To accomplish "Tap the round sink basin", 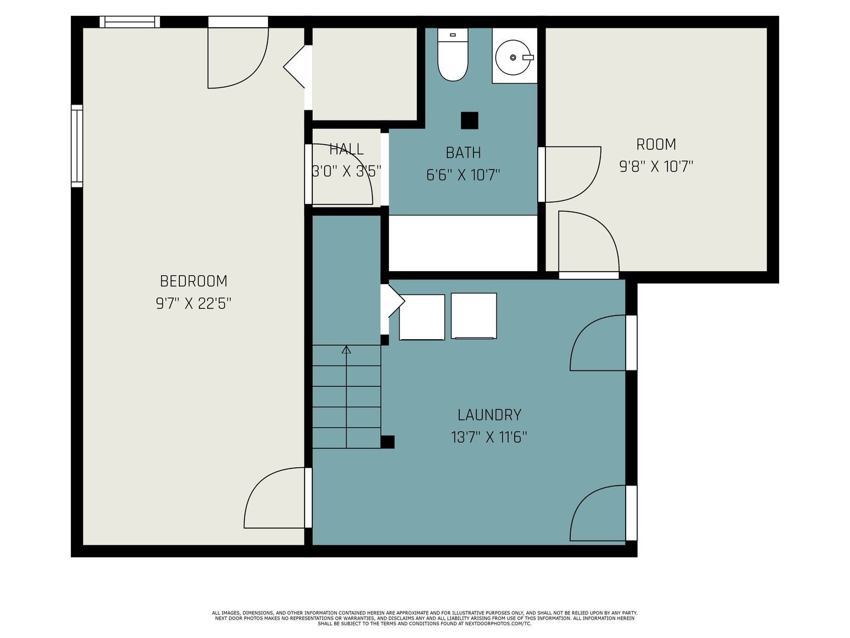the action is point(513,57).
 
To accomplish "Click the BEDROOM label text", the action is point(193,281).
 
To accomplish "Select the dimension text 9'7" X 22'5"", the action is point(193,303).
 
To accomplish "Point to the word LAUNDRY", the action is point(489,415).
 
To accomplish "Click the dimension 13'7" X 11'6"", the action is point(489,437).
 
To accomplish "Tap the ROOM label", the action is point(656,145).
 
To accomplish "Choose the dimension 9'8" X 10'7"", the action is point(656,167).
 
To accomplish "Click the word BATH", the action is point(463,152).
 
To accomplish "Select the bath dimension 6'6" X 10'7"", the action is point(463,175).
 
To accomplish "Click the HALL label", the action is point(346,149).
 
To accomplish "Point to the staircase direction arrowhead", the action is point(346,349).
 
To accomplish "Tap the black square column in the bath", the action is point(469,121).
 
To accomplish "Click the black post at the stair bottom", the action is point(387,442).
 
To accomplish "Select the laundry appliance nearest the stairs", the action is point(421,317).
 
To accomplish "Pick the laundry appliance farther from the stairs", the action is point(473,316).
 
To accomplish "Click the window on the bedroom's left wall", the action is point(77,146).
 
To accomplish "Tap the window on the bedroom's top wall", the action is point(130,22).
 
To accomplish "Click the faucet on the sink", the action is point(528,58).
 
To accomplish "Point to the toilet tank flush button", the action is point(453,35).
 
